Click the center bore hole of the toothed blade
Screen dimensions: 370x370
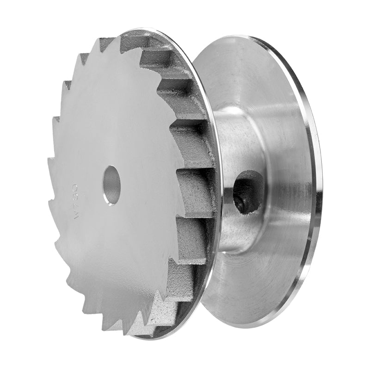111,185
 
